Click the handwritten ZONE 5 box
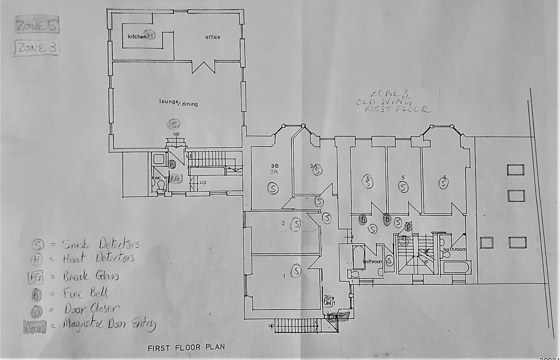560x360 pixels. pyautogui.click(x=37, y=26)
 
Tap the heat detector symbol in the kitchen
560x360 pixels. pyautogui.click(x=151, y=36)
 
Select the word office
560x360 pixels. pyautogui.click(x=213, y=37)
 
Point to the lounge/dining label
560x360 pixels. pyautogui.click(x=179, y=103)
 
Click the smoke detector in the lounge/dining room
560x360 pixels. pyautogui.click(x=173, y=123)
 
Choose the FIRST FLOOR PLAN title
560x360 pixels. pyautogui.click(x=186, y=347)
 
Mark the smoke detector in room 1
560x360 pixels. pyautogui.click(x=296, y=270)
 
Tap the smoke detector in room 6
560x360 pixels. pyautogui.click(x=444, y=183)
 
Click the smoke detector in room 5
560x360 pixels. pyautogui.click(x=403, y=186)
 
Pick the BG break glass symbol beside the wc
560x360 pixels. pyautogui.click(x=175, y=179)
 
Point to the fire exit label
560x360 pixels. pyautogui.click(x=330, y=301)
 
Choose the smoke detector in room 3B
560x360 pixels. pyautogui.click(x=272, y=188)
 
